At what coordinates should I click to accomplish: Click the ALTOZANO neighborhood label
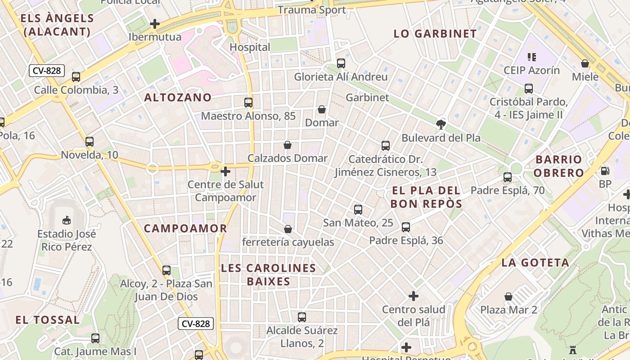[x=178, y=97]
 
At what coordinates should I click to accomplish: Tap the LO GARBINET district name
[x=435, y=34]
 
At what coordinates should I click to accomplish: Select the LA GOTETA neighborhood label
[x=535, y=262]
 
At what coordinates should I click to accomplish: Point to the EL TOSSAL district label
[x=47, y=320]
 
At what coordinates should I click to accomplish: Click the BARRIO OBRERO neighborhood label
[x=559, y=166]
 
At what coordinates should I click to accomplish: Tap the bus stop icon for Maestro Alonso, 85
[x=248, y=102]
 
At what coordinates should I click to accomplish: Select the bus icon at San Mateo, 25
[x=358, y=209]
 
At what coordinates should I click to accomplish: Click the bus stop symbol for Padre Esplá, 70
[x=508, y=177]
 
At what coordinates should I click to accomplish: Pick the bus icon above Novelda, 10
[x=90, y=142]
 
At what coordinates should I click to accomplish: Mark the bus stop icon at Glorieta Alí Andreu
[x=341, y=63]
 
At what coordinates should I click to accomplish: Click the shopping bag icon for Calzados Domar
[x=288, y=145]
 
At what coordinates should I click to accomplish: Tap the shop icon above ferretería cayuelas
[x=288, y=229]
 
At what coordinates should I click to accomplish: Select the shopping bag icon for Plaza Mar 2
[x=508, y=297]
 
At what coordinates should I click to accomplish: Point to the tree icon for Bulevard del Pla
[x=441, y=125]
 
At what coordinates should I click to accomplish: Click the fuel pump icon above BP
[x=605, y=171]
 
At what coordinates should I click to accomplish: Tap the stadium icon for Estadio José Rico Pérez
[x=67, y=220]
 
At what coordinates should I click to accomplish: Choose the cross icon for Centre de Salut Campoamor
[x=225, y=171]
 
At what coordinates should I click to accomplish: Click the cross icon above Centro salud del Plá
[x=414, y=296]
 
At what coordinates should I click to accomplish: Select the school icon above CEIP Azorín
[x=532, y=57]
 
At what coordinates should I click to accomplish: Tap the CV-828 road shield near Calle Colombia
[x=47, y=71]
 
